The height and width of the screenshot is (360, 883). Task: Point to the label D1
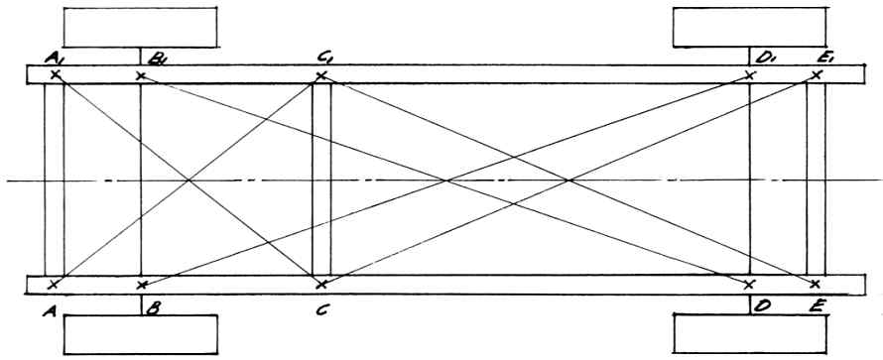tap(764, 59)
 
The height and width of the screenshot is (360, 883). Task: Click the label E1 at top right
tap(824, 59)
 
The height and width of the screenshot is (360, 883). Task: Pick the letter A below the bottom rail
tap(49, 310)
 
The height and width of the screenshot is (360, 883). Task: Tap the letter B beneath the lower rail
tap(152, 309)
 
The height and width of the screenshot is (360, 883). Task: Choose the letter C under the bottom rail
tap(321, 309)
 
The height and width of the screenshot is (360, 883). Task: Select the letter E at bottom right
tap(819, 307)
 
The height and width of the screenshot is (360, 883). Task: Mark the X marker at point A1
tap(55, 74)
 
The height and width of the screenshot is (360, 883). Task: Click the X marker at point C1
tap(321, 75)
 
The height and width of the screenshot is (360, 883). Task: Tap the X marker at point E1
tap(817, 74)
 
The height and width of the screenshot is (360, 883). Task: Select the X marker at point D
tap(748, 285)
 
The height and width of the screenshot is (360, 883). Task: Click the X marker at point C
tap(321, 285)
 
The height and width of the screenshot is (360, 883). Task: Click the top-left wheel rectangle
tap(140, 27)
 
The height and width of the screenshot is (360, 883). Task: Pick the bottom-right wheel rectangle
tap(751, 334)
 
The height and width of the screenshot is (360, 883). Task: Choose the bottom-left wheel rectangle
tap(140, 334)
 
